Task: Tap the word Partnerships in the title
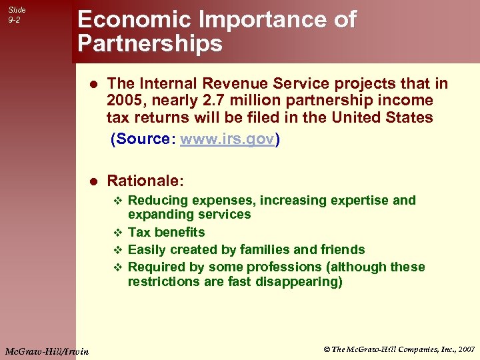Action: pyautogui.click(x=150, y=44)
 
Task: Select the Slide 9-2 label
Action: pyautogui.click(x=17, y=15)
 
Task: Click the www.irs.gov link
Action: pyautogui.click(x=227, y=139)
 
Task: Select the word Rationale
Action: pyautogui.click(x=143, y=181)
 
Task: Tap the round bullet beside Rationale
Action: pyautogui.click(x=94, y=181)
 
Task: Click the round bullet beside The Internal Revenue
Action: pyautogui.click(x=94, y=83)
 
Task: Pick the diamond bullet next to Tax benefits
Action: pyautogui.click(x=117, y=233)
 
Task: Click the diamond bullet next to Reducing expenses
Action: pyautogui.click(x=117, y=201)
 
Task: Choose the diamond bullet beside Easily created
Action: pyautogui.click(x=117, y=250)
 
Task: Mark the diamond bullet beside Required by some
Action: pyautogui.click(x=117, y=267)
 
